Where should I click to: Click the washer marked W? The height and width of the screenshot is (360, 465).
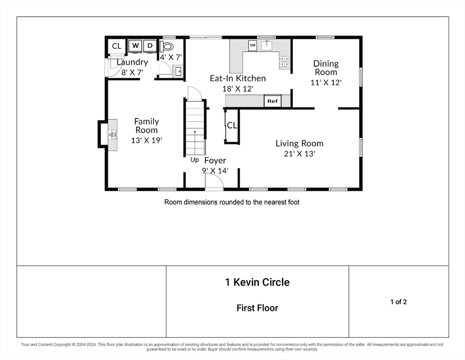[x=135, y=46]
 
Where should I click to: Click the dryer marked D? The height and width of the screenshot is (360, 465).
[x=150, y=46]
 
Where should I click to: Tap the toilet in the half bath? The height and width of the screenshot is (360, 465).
[x=166, y=46]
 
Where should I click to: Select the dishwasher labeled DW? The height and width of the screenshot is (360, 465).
[x=253, y=45]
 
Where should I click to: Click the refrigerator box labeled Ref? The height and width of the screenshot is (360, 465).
[x=272, y=101]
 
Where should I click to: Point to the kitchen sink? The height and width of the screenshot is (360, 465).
[x=267, y=45]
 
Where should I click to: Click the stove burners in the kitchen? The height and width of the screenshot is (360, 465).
[x=284, y=61]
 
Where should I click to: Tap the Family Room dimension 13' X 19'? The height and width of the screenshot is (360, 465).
[x=147, y=140]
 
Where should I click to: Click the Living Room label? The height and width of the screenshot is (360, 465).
[x=300, y=143]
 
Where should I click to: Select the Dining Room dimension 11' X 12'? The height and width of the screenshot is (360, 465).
[x=326, y=82]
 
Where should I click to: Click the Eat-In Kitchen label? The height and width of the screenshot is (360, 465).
[x=238, y=78]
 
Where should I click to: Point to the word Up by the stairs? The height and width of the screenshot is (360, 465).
[x=195, y=160]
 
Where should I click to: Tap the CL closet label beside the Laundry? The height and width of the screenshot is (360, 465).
[x=117, y=46]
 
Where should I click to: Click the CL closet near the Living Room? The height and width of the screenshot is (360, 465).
[x=232, y=126]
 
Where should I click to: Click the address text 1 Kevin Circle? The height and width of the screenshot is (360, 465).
[x=257, y=282]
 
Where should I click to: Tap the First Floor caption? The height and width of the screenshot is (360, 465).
[x=257, y=308]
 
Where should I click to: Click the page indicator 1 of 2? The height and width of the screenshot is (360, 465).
[x=398, y=302]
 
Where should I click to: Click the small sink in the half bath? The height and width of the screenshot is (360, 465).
[x=179, y=71]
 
